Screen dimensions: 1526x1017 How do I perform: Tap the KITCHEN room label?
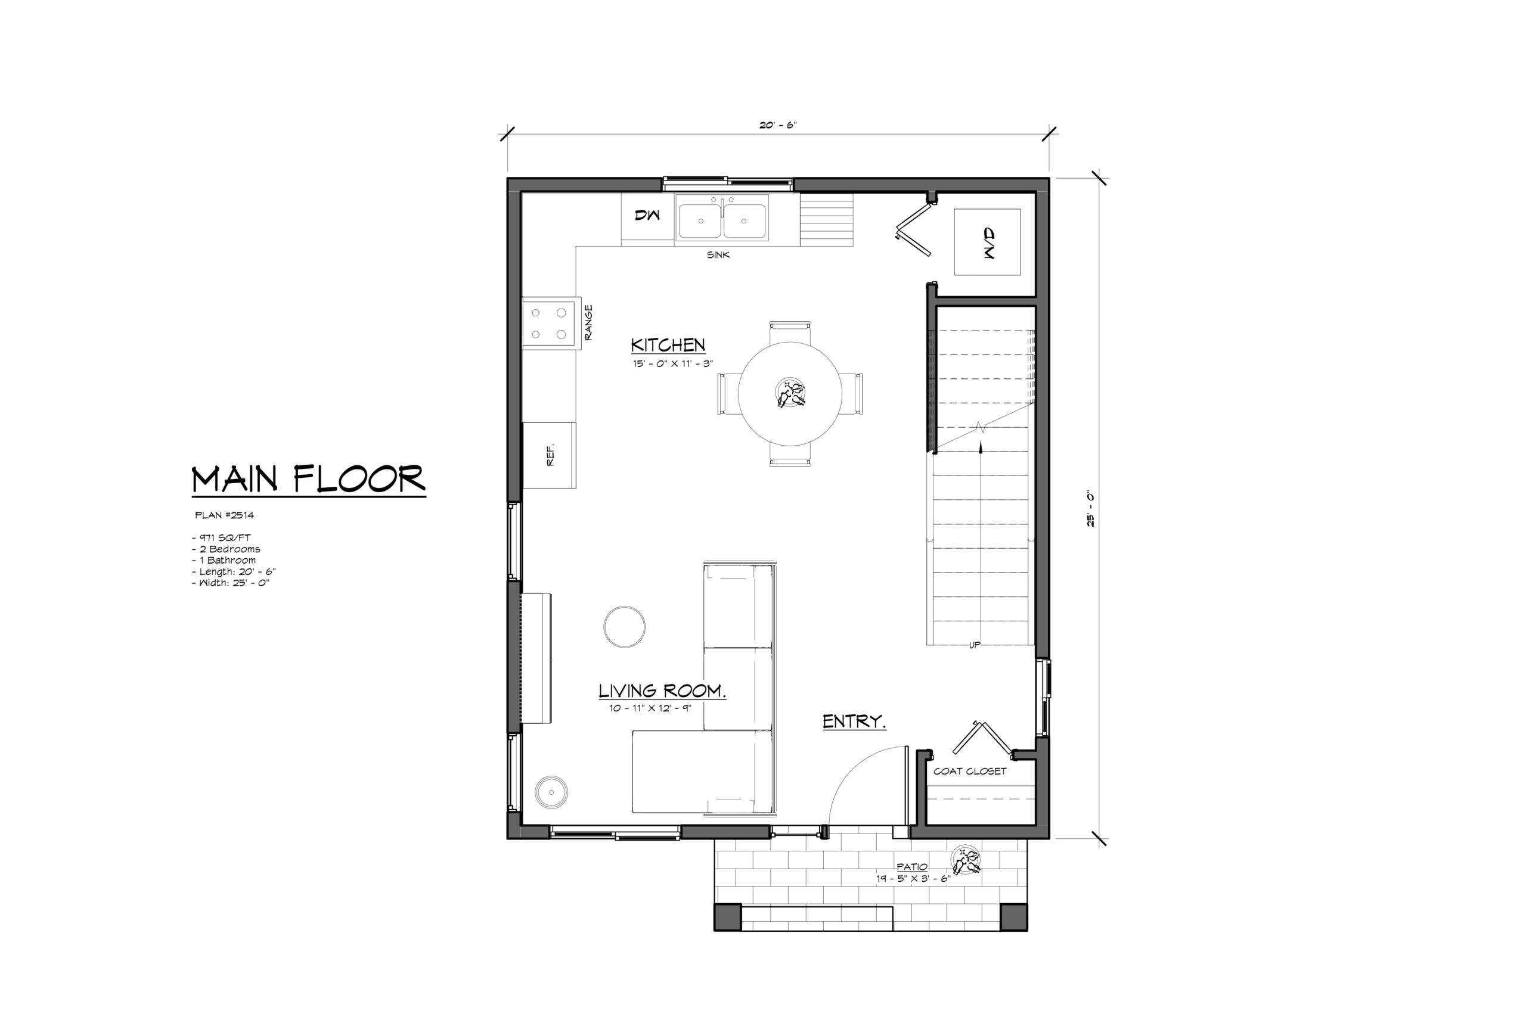click(668, 344)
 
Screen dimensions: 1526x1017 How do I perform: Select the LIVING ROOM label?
click(662, 691)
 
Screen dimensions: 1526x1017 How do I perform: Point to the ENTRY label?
click(854, 721)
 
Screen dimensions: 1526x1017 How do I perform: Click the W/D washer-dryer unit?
click(987, 242)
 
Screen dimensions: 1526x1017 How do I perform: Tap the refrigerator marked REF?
click(549, 455)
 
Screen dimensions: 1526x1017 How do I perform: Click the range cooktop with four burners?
click(551, 323)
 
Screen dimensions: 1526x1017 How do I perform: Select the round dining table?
click(790, 394)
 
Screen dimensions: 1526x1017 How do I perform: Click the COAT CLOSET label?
click(969, 771)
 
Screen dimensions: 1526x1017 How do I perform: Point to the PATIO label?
click(911, 866)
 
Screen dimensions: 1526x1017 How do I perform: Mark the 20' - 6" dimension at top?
click(778, 125)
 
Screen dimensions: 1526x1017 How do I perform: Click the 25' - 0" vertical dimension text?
click(1091, 509)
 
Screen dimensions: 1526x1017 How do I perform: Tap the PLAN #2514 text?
click(225, 515)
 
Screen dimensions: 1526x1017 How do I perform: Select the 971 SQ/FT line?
click(221, 537)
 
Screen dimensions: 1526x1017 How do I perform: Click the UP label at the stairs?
click(975, 645)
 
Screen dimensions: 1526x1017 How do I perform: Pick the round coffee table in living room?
click(624, 627)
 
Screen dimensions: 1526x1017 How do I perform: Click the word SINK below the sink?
click(718, 255)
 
